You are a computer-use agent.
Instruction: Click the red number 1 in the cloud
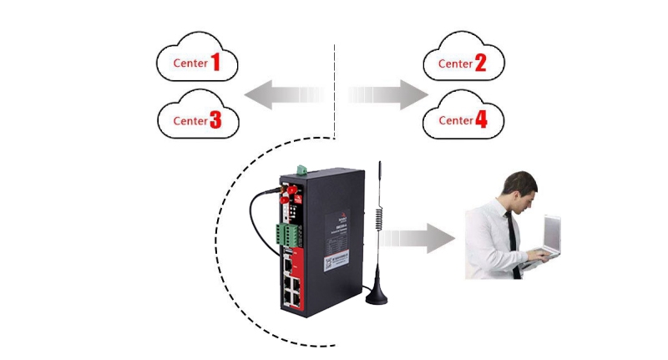[215, 62]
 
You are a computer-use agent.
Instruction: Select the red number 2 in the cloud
[480, 63]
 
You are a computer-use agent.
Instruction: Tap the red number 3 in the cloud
[215, 120]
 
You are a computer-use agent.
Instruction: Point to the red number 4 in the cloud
[481, 120]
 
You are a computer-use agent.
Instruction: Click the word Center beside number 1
[190, 63]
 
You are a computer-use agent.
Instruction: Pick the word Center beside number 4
[455, 121]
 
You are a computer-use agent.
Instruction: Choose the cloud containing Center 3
[198, 119]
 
